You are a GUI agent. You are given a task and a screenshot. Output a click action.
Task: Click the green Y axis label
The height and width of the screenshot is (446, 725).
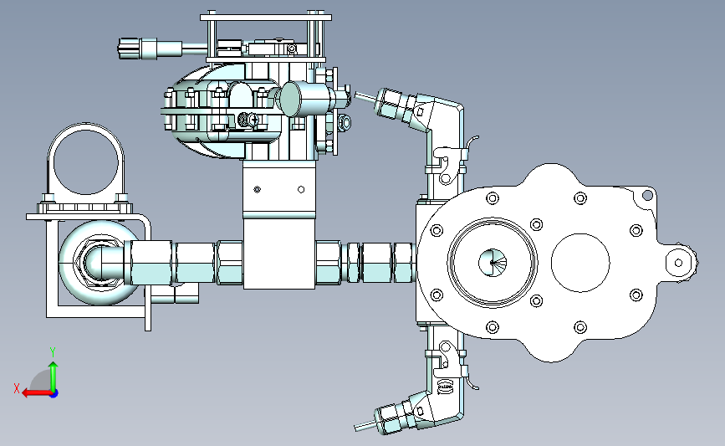[53, 352]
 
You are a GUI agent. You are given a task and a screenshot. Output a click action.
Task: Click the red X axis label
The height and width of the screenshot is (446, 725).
[17, 388]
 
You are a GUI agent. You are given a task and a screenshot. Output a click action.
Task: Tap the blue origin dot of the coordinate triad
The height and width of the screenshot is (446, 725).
[54, 394]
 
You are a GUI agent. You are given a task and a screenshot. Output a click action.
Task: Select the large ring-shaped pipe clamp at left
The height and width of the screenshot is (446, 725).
[85, 160]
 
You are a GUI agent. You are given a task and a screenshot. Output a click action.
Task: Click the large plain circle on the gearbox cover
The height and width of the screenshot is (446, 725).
[580, 262]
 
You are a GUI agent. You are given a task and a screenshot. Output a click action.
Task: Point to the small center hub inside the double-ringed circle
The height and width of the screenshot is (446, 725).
[493, 263]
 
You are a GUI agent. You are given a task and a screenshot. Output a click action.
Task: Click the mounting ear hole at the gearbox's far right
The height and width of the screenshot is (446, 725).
[678, 263]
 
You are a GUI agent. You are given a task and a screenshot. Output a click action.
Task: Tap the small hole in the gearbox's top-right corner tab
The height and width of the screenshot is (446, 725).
[647, 196]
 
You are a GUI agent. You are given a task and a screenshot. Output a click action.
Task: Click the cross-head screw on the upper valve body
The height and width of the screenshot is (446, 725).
[253, 120]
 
